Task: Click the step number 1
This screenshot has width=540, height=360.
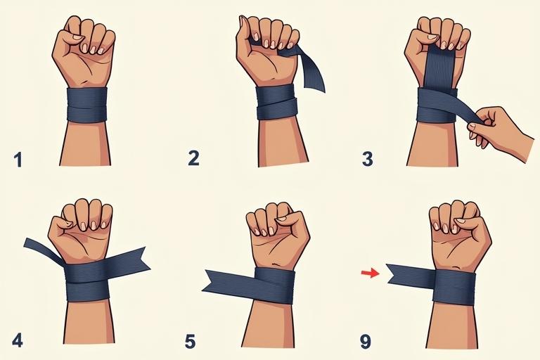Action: pos(18,160)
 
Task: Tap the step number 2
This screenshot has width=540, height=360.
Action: pos(193,158)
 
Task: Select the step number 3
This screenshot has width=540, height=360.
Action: pos(368,159)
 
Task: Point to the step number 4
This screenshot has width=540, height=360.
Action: pos(18,340)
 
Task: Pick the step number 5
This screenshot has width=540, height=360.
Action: pos(190,342)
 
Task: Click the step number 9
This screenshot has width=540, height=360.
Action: pos(366,342)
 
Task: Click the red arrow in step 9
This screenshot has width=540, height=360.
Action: pos(371,274)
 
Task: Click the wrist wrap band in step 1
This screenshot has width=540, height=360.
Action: pos(86,105)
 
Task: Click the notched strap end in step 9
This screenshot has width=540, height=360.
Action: pos(410,276)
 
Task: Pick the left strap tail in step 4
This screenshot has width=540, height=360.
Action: pos(43,250)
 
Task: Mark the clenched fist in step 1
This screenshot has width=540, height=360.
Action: pos(84,51)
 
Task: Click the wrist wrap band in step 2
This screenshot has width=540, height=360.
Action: pos(276,103)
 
